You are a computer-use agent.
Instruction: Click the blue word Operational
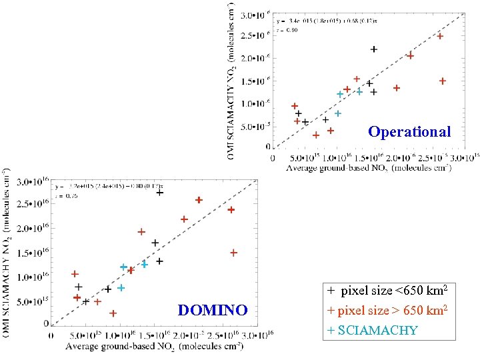coord(409,132)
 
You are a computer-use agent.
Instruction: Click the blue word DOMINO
coord(213,310)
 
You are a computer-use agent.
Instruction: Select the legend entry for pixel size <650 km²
coord(387,291)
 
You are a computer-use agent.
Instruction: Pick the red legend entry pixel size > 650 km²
coord(387,311)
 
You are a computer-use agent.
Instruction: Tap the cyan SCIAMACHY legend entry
coord(372,330)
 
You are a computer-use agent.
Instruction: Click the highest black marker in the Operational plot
coord(374,49)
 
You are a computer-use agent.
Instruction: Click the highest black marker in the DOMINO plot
coord(160,192)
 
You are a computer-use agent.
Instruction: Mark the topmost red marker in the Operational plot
coord(440,36)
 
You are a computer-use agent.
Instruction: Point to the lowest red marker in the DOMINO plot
coord(113,313)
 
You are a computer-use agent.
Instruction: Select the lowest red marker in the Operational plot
coord(316,135)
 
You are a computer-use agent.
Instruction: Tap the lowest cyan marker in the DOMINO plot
coord(121,288)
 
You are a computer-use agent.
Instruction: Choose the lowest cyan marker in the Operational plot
coord(338,113)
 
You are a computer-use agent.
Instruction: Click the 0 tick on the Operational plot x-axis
coord(273,158)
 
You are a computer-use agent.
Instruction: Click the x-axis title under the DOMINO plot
coord(153,346)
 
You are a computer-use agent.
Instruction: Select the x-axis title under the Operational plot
coord(368,168)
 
